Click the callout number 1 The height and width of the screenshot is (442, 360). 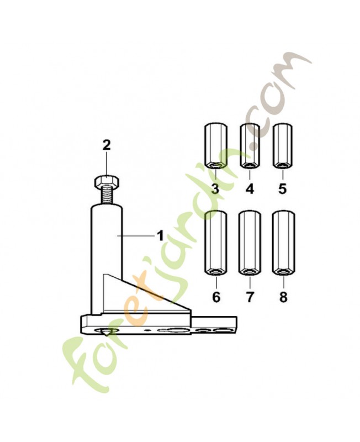(x=160, y=236)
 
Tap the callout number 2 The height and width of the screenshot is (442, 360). (x=107, y=145)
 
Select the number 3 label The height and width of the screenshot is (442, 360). (x=215, y=188)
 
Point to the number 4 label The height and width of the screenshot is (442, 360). (x=250, y=188)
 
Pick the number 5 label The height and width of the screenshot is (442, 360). (x=283, y=188)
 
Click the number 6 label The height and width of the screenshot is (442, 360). (x=216, y=297)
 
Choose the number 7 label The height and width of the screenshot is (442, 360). (x=250, y=297)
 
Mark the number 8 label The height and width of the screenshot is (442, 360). (x=283, y=297)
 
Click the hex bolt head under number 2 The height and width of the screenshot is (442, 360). (x=107, y=182)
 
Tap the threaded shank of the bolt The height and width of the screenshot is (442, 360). (x=107, y=197)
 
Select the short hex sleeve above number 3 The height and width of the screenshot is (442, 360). (x=215, y=146)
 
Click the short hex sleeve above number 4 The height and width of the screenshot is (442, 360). (x=250, y=146)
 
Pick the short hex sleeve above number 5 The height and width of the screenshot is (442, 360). (x=283, y=146)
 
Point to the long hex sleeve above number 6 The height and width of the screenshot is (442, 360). (x=215, y=243)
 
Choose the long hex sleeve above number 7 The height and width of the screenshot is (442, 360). (x=250, y=243)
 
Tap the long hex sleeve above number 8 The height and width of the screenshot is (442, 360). (x=283, y=243)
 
